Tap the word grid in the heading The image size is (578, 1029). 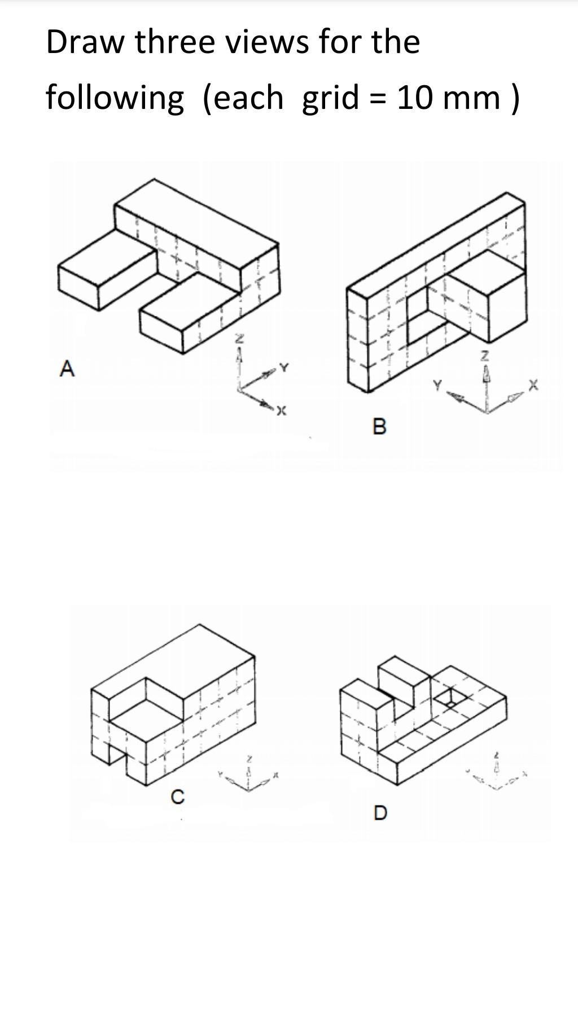(330, 97)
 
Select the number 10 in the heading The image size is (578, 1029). (415, 97)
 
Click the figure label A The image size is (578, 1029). (67, 369)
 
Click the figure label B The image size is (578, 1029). (380, 426)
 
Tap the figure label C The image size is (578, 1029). (177, 797)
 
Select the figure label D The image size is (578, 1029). (380, 813)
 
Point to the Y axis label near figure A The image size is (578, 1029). (284, 368)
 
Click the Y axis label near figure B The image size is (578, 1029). (437, 385)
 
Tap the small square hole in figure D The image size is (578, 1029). (450, 698)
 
